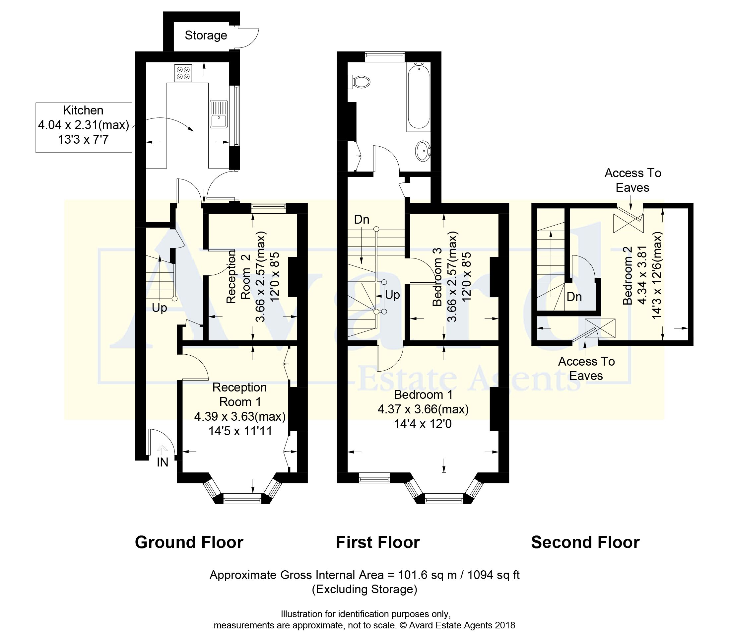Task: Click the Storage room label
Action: click(x=206, y=35)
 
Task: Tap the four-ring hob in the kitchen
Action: click(x=183, y=73)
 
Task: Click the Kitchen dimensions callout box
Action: click(x=84, y=128)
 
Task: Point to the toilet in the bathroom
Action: click(x=359, y=82)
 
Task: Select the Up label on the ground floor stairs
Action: click(x=159, y=308)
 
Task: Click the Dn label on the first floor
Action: click(x=362, y=219)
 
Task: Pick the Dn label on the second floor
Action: click(x=574, y=297)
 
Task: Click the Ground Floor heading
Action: click(x=189, y=542)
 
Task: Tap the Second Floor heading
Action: click(x=585, y=542)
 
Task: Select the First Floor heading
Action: click(x=378, y=542)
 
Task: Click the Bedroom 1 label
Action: click(x=424, y=395)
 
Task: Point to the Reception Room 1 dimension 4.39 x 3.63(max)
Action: click(x=240, y=416)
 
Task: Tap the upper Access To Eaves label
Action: click(x=633, y=180)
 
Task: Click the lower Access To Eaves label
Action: click(x=586, y=368)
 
